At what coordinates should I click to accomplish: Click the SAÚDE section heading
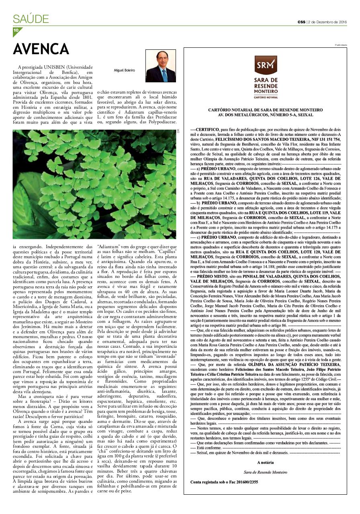(x=31, y=19)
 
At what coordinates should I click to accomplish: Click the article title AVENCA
(x=41, y=49)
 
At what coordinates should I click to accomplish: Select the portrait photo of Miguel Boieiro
(x=160, y=66)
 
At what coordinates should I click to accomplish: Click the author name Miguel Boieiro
(x=125, y=70)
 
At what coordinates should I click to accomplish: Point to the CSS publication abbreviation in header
(x=301, y=22)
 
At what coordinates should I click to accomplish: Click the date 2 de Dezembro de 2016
(x=327, y=22)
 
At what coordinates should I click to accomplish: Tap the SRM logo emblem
(x=266, y=65)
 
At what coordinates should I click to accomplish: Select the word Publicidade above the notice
(x=341, y=45)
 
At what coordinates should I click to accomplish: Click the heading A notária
(x=265, y=463)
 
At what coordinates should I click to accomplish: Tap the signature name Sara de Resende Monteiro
(x=266, y=472)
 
